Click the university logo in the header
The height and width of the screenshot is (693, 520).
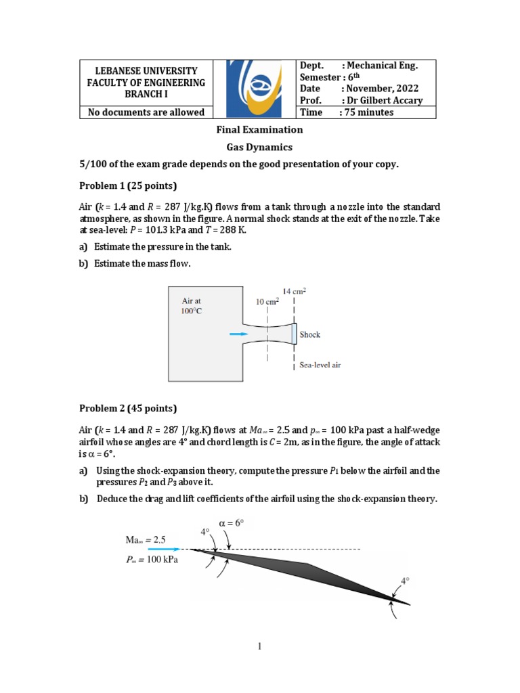click(x=255, y=89)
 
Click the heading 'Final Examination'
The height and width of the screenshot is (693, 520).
click(x=259, y=129)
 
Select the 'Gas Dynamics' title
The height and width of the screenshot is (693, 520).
click(x=259, y=146)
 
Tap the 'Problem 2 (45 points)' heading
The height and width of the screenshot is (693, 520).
click(x=128, y=408)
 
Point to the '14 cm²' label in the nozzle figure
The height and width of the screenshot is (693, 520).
click(x=295, y=291)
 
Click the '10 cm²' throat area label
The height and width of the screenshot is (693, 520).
click(x=268, y=302)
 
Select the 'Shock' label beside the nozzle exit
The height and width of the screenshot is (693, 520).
click(x=310, y=334)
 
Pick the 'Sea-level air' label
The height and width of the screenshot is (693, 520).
click(x=320, y=365)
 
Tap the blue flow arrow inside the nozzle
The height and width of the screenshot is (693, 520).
click(x=238, y=334)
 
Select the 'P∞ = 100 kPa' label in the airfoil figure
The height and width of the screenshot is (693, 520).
click(x=151, y=560)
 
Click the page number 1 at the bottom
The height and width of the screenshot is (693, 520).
click(x=259, y=647)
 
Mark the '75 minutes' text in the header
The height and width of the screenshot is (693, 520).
click(x=369, y=112)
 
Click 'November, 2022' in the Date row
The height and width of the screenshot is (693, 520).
click(x=381, y=89)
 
